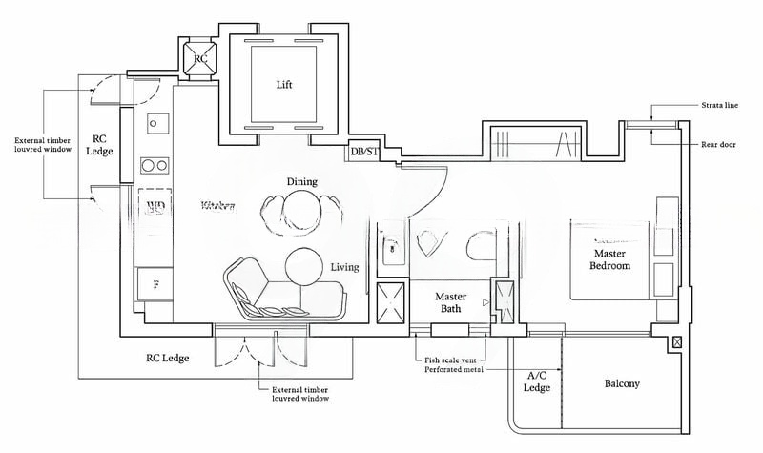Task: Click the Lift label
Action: pos(283,84)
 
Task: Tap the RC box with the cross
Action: pos(200,57)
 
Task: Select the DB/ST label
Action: pos(364,152)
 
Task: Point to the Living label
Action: pos(344,267)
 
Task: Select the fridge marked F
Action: pos(155,283)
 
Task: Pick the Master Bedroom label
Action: pos(610,260)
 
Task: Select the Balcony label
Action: pos(622,384)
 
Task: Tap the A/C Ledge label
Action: pos(537,381)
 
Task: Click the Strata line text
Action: pos(718,106)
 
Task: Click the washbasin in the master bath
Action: pos(390,250)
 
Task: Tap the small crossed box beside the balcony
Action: pos(676,342)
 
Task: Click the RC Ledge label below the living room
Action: pos(167,359)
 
